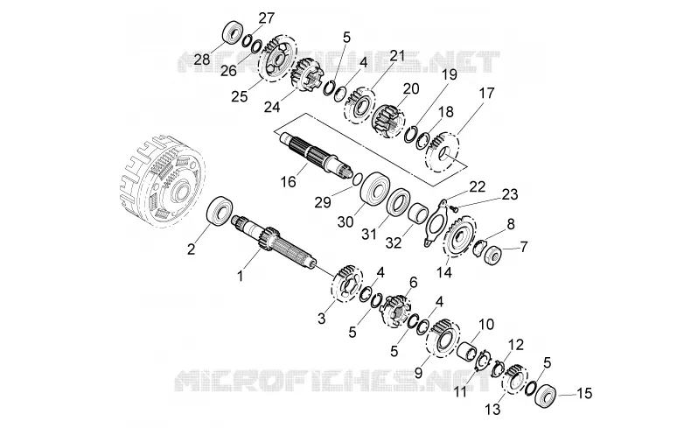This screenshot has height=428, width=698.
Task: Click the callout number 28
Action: coord(202,60)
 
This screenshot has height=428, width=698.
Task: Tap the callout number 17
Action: coord(486,94)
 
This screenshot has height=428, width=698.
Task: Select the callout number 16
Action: coord(289,182)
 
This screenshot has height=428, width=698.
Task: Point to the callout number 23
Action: coord(510,194)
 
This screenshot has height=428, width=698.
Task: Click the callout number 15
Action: coord(585,393)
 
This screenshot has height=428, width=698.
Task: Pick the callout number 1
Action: coord(241,277)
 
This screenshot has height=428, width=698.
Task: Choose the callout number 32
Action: coord(394,242)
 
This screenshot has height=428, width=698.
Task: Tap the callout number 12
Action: coord(516,344)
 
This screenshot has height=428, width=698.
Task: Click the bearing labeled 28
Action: coord(233,32)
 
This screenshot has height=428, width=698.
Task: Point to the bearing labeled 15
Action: coord(544,395)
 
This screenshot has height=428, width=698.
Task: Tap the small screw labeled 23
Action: coord(453,207)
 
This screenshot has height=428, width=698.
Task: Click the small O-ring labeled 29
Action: coord(356,180)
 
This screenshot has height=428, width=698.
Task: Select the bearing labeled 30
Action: coord(374,188)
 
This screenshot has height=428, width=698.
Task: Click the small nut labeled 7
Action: coord(492,254)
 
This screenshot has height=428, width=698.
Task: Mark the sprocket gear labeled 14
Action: coord(460,236)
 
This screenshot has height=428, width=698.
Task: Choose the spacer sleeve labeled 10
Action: coord(468,349)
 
